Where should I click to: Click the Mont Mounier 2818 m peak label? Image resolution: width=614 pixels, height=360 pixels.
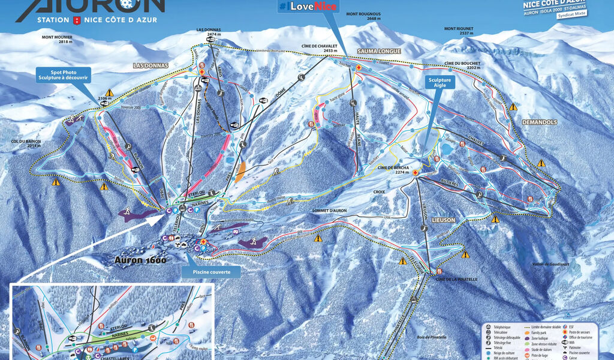click(57, 40)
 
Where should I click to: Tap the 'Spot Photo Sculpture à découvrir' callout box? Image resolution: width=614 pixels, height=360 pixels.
click(62, 74)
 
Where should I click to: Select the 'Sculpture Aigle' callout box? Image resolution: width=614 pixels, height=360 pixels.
click(441, 83)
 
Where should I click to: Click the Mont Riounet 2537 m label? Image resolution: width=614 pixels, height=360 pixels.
click(459, 31)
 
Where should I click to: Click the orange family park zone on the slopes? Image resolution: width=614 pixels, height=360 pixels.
click(240, 172)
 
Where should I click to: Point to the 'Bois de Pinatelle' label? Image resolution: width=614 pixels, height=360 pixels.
click(432, 337)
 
